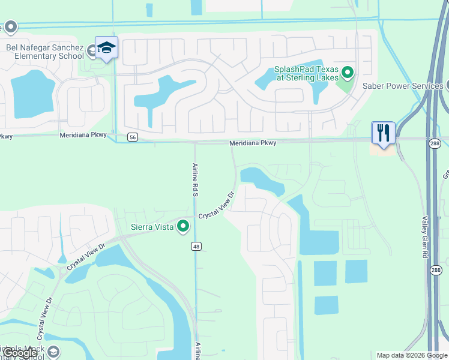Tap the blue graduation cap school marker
tap(107, 48)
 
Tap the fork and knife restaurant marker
tap(384, 133)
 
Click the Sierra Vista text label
tap(152, 227)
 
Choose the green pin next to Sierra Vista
tap(183, 226)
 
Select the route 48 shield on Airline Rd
tap(196, 246)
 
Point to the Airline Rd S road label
tap(195, 178)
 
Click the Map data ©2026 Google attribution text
tap(411, 355)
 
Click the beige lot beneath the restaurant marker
tap(383, 149)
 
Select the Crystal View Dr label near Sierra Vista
tap(215, 205)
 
